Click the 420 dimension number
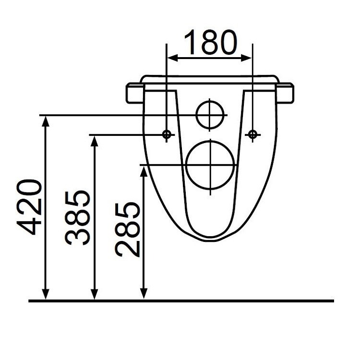tap(32, 207)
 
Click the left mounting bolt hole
tap(167, 134)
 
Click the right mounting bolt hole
tap(252, 134)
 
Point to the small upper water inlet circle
tap(211, 115)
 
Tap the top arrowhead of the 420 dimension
tap(46, 120)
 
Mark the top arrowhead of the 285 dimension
tap(143, 170)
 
